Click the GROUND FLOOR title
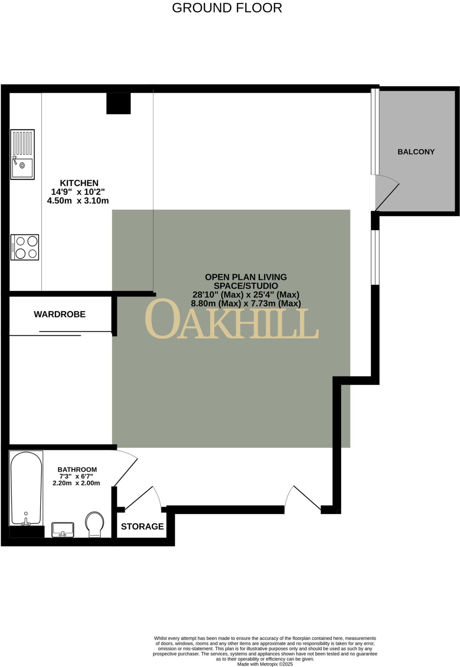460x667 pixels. pos(227,8)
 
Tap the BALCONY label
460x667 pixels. pos(416,152)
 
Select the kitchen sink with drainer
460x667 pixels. pos(22,154)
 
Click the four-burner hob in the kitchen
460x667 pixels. pos(25,247)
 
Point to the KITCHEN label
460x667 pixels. pos(79,183)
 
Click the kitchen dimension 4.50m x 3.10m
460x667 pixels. pos(78,201)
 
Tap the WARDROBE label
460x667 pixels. pos(60,314)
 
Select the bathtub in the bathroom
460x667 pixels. pos(26,489)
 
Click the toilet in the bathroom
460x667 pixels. pos(94,525)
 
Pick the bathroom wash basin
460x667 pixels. pos(63,530)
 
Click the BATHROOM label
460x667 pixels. pos(77,470)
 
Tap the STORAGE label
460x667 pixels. pos(142,527)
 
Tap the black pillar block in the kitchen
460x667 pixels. pos(119,103)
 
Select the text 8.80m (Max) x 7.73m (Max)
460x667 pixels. pos(246,304)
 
